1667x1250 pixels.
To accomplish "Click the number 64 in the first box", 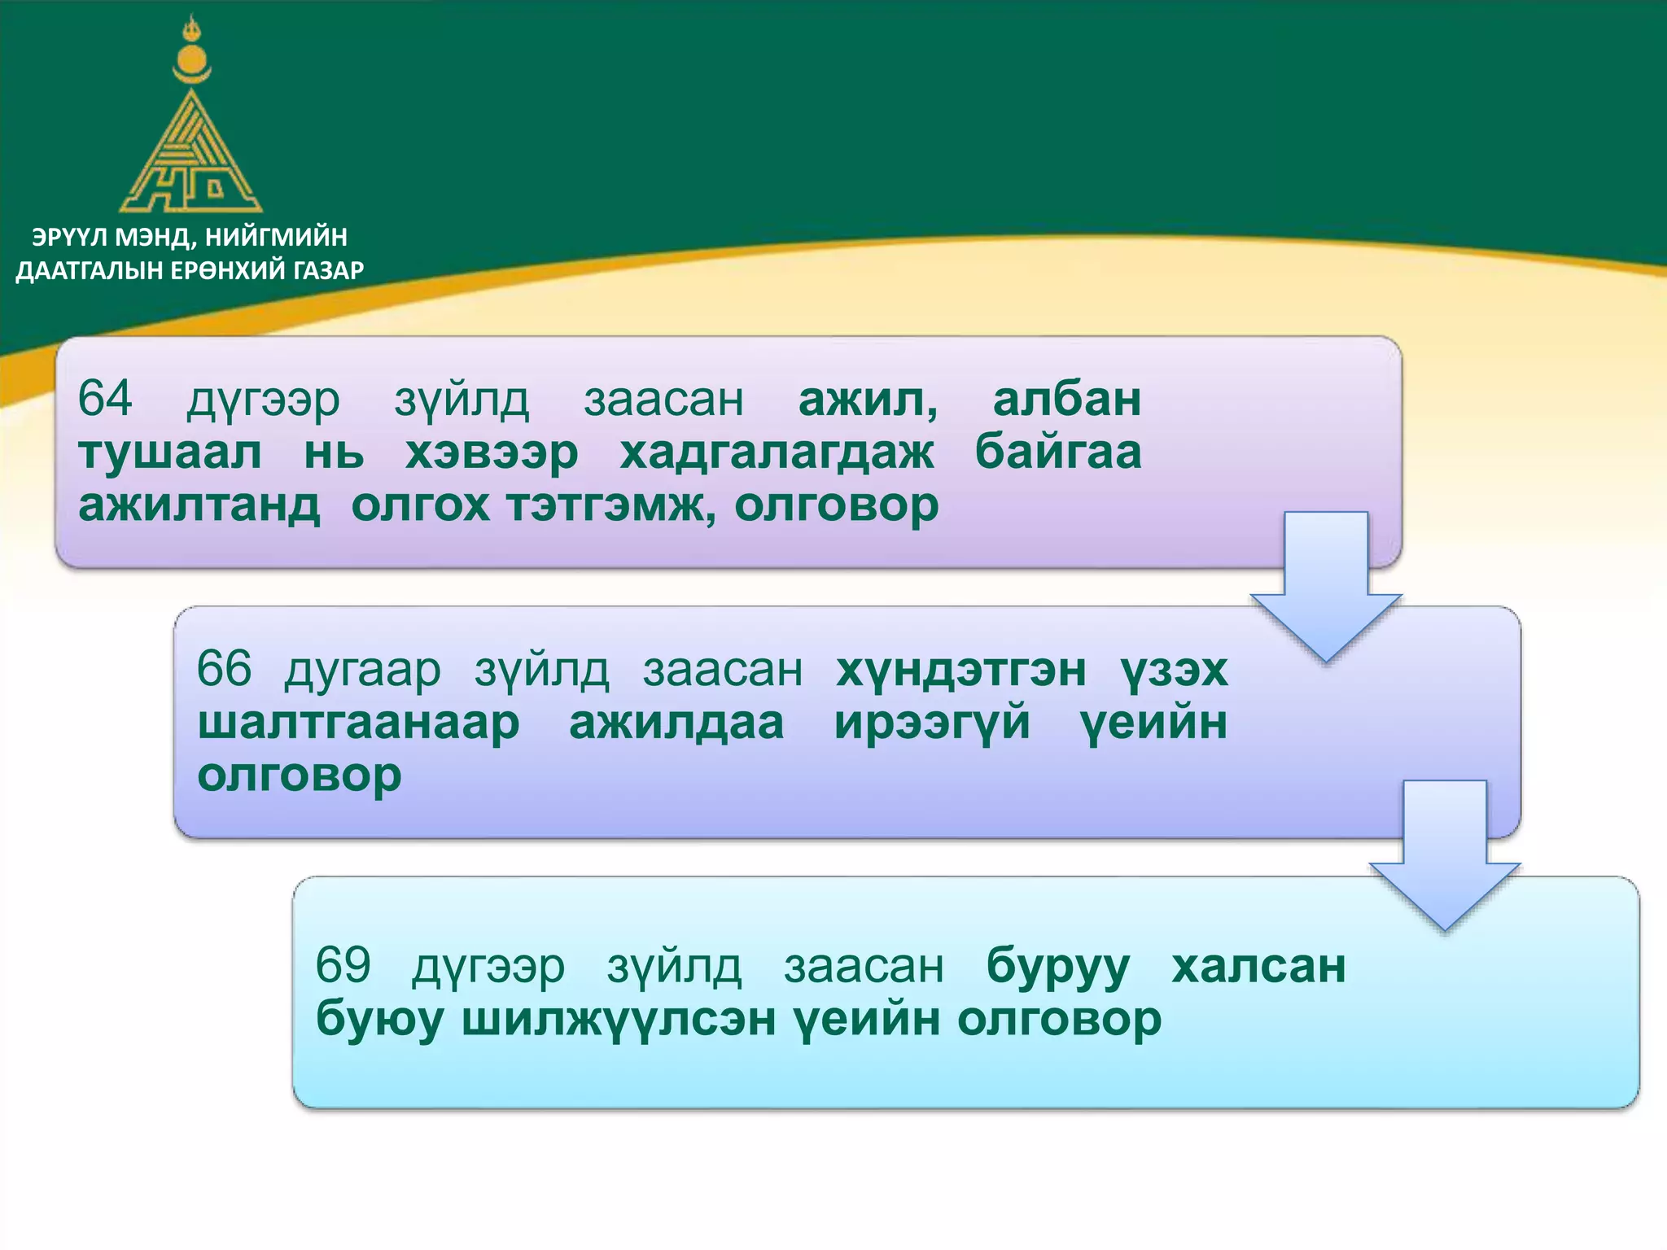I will coord(105,399).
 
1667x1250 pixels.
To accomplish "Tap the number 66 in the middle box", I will coord(224,669).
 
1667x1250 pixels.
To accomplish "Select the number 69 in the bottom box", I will coord(343,965).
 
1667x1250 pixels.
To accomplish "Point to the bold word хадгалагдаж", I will coord(777,452).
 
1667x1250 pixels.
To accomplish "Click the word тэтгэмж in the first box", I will coord(610,506).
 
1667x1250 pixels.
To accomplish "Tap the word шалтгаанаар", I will coord(358,723).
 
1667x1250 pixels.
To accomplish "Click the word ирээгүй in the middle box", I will coord(932,723).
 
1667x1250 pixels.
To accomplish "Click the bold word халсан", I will coord(1258,965).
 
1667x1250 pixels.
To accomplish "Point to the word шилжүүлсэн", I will coord(619,1019).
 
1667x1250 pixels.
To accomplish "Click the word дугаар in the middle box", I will coord(363,671).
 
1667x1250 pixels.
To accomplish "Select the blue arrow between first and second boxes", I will coord(1326,586).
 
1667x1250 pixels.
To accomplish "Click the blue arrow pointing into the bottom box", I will coord(1445,854).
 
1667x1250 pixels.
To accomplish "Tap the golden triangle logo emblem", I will coord(191,159).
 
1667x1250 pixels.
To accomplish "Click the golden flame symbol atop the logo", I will coord(192,31).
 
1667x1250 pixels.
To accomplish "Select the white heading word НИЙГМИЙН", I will coord(276,237).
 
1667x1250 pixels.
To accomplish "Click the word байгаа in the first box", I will coord(1058,452).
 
